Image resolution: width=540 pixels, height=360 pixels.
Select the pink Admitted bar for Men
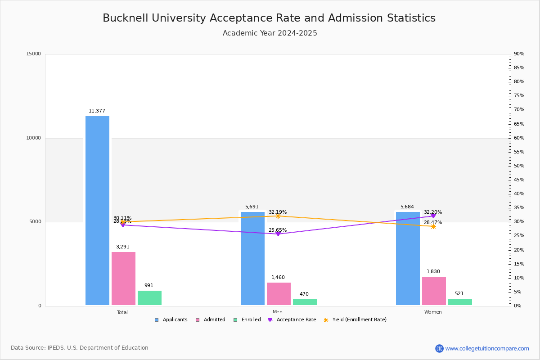tap(279, 294)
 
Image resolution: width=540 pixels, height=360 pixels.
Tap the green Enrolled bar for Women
tap(460, 302)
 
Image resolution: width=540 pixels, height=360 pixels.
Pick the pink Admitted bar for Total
tap(123, 279)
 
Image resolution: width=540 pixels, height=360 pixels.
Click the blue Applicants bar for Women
tap(408, 258)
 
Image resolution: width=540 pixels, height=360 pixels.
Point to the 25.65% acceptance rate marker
tap(278, 234)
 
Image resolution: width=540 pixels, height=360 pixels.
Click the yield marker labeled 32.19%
tap(278, 216)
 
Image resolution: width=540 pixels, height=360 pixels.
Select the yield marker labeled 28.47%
tap(433, 226)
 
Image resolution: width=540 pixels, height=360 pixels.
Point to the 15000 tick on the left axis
tap(34, 54)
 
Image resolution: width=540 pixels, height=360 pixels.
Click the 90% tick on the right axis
tap(519, 54)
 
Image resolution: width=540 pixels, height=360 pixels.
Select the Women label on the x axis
tap(433, 312)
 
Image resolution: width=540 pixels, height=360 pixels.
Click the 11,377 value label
tap(97, 111)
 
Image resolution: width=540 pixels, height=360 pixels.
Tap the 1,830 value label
tap(433, 272)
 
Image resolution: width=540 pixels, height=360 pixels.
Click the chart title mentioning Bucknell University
tap(269, 18)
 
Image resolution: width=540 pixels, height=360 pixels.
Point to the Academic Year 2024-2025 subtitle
tap(270, 33)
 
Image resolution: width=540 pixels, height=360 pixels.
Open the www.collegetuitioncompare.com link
tap(487, 348)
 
